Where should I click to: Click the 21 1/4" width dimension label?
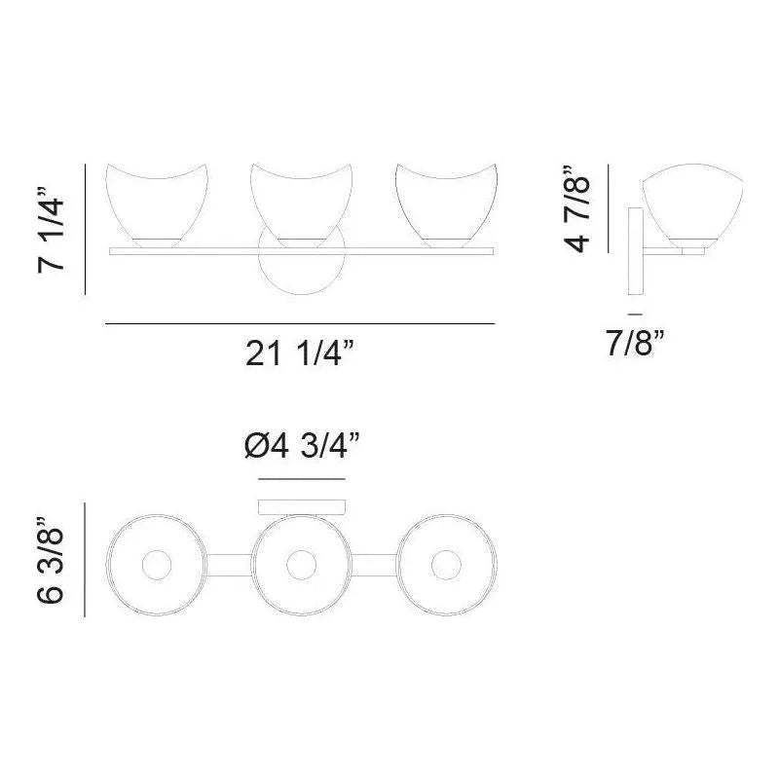pyautogui.click(x=299, y=356)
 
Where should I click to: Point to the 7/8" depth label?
pyautogui.click(x=635, y=343)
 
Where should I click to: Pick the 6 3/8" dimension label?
pyautogui.click(x=55, y=560)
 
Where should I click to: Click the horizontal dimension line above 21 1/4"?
pyautogui.click(x=299, y=323)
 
